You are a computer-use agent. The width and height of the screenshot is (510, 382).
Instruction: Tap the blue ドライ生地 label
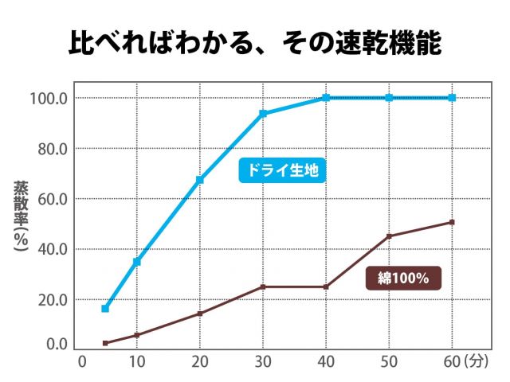(x=283, y=170)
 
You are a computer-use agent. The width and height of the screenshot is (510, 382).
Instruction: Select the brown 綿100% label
(x=403, y=279)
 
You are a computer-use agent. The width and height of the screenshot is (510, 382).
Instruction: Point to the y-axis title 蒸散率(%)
(x=21, y=216)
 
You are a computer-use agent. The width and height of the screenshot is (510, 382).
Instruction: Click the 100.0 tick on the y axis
(x=49, y=99)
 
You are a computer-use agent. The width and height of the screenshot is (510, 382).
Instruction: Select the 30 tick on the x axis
(x=263, y=361)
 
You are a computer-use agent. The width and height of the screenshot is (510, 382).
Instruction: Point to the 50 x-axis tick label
(x=389, y=361)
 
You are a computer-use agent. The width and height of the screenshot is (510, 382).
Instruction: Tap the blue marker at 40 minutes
(x=326, y=98)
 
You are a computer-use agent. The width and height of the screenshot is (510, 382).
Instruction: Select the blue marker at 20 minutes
(x=200, y=180)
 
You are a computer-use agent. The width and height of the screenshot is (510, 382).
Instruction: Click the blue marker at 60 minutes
(x=452, y=98)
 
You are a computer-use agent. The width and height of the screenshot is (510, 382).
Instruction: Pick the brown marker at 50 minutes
(x=389, y=236)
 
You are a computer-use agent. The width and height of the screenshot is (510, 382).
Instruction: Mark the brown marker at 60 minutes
(x=452, y=222)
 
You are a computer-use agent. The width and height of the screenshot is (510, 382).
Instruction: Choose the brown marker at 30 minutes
(x=263, y=286)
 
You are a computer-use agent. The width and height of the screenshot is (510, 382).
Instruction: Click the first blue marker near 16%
(x=105, y=308)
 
